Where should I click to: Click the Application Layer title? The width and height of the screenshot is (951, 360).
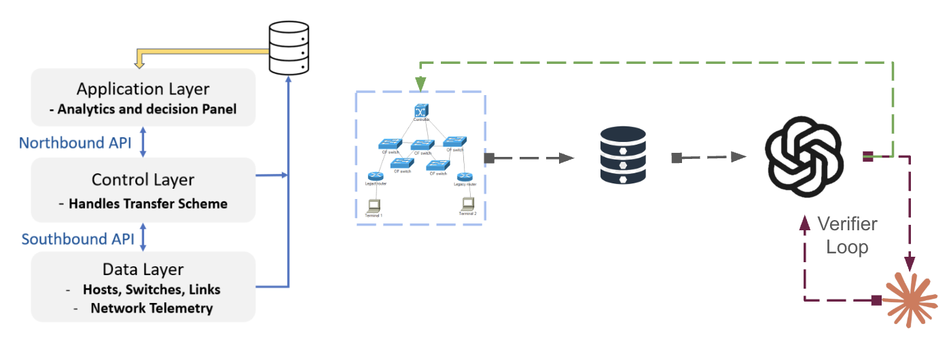pyautogui.click(x=143, y=89)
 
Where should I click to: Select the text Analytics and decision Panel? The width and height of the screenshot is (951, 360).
pyautogui.click(x=147, y=109)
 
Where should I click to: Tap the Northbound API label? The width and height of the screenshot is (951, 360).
pyautogui.click(x=75, y=143)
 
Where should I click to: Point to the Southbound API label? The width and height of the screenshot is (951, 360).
pyautogui.click(x=77, y=239)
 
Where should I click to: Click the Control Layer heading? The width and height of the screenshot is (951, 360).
pyautogui.click(x=143, y=180)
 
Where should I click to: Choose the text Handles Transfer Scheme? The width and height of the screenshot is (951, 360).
pyautogui.click(x=148, y=203)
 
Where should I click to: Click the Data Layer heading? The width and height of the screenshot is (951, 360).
pyautogui.click(x=143, y=269)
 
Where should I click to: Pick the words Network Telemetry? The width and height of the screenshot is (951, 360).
pyautogui.click(x=151, y=308)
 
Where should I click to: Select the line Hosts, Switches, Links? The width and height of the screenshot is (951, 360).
pyautogui.click(x=151, y=289)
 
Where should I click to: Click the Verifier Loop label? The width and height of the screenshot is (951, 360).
pyautogui.click(x=847, y=235)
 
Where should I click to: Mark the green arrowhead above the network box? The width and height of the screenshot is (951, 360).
pyautogui.click(x=420, y=84)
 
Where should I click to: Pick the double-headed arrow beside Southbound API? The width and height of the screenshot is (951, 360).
pyautogui.click(x=143, y=238)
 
